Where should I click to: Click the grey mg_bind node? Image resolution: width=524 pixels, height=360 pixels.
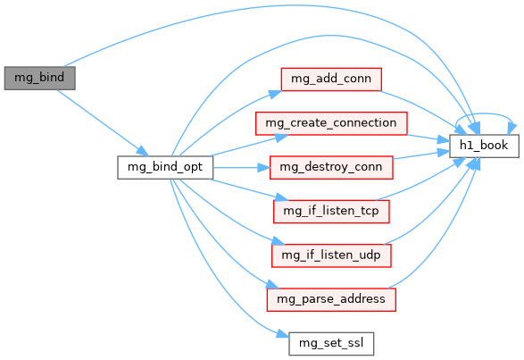[x=39, y=78]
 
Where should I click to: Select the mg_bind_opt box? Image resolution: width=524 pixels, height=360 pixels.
[x=165, y=167]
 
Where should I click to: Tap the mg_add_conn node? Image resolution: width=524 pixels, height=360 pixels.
[x=331, y=79]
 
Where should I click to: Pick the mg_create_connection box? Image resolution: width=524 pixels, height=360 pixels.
[x=331, y=123]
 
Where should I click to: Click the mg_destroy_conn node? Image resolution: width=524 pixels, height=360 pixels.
[x=331, y=167]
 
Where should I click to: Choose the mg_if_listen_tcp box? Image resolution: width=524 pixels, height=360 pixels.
[x=331, y=212]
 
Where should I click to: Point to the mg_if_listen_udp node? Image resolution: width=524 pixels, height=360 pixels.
[x=331, y=255]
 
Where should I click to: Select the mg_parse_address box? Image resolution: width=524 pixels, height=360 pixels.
[x=331, y=299]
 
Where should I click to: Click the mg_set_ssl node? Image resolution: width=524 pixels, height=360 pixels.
[x=331, y=344]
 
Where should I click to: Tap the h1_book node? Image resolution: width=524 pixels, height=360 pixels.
[x=484, y=146]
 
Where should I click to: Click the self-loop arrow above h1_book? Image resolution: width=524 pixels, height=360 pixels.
[x=485, y=113]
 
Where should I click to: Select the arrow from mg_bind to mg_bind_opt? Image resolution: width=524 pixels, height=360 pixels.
[x=102, y=122]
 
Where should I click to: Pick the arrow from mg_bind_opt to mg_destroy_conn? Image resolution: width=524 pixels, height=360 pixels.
[x=241, y=167]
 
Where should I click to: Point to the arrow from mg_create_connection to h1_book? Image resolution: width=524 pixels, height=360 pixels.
[x=428, y=138]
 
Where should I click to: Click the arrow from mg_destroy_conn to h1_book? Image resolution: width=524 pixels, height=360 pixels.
[x=421, y=155]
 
